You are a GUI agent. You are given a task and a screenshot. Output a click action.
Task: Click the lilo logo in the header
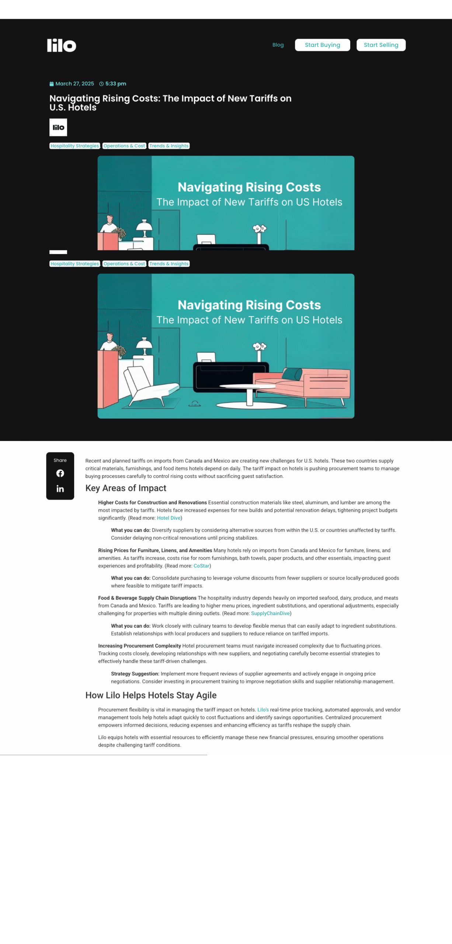tap(62, 45)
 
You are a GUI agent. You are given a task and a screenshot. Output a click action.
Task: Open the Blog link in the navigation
tap(278, 45)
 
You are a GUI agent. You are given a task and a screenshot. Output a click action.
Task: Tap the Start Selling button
tap(381, 45)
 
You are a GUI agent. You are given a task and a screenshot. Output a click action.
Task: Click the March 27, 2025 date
tap(74, 84)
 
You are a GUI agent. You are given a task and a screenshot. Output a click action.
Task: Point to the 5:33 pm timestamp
tap(115, 84)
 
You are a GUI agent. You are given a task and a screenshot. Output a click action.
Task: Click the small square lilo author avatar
tap(58, 127)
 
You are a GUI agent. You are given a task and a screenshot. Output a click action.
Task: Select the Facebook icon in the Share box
tap(60, 473)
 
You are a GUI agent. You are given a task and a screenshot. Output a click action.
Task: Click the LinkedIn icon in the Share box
tap(60, 489)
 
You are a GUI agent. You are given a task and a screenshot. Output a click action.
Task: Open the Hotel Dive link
tap(168, 518)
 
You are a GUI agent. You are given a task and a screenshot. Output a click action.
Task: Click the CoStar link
tap(201, 566)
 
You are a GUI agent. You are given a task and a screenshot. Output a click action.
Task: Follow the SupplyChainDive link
tap(270, 613)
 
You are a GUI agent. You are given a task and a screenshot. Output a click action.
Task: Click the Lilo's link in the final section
tap(263, 709)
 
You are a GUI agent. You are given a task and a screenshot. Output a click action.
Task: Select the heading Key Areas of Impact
tap(126, 488)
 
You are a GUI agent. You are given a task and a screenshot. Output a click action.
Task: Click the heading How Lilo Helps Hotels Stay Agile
tap(151, 695)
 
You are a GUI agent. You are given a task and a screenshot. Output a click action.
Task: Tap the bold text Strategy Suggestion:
tap(135, 674)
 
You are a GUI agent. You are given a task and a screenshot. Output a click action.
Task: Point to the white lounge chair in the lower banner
tap(147, 385)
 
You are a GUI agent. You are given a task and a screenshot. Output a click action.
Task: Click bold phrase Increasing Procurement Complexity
tap(139, 646)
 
